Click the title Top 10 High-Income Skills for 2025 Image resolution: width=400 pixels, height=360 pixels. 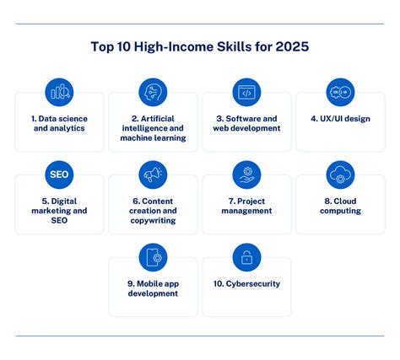(x=200, y=47)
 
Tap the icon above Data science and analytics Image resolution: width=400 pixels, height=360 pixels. (x=59, y=92)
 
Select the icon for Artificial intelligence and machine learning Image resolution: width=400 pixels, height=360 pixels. (x=153, y=92)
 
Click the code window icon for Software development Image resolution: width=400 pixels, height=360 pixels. (x=246, y=92)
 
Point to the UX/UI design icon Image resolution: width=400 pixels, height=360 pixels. (x=340, y=92)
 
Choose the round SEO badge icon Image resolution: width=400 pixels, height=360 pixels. (x=59, y=175)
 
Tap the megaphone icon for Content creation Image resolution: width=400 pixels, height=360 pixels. (x=153, y=175)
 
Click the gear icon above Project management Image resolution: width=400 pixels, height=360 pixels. (x=246, y=175)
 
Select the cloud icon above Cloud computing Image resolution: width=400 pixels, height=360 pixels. (x=340, y=175)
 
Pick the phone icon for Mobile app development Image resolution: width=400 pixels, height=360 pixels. (x=153, y=257)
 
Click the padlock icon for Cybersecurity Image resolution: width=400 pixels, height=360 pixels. (x=246, y=257)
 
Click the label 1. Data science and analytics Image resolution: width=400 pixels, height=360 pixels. (x=59, y=125)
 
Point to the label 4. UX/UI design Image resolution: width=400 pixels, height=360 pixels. (x=340, y=119)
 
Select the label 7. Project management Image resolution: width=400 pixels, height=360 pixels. (x=246, y=207)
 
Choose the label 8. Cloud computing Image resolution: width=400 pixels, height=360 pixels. (x=340, y=207)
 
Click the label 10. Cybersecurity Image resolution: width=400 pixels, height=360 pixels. (x=246, y=284)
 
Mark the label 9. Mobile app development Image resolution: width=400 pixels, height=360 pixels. (x=153, y=289)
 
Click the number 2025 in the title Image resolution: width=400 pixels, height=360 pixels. (x=290, y=47)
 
